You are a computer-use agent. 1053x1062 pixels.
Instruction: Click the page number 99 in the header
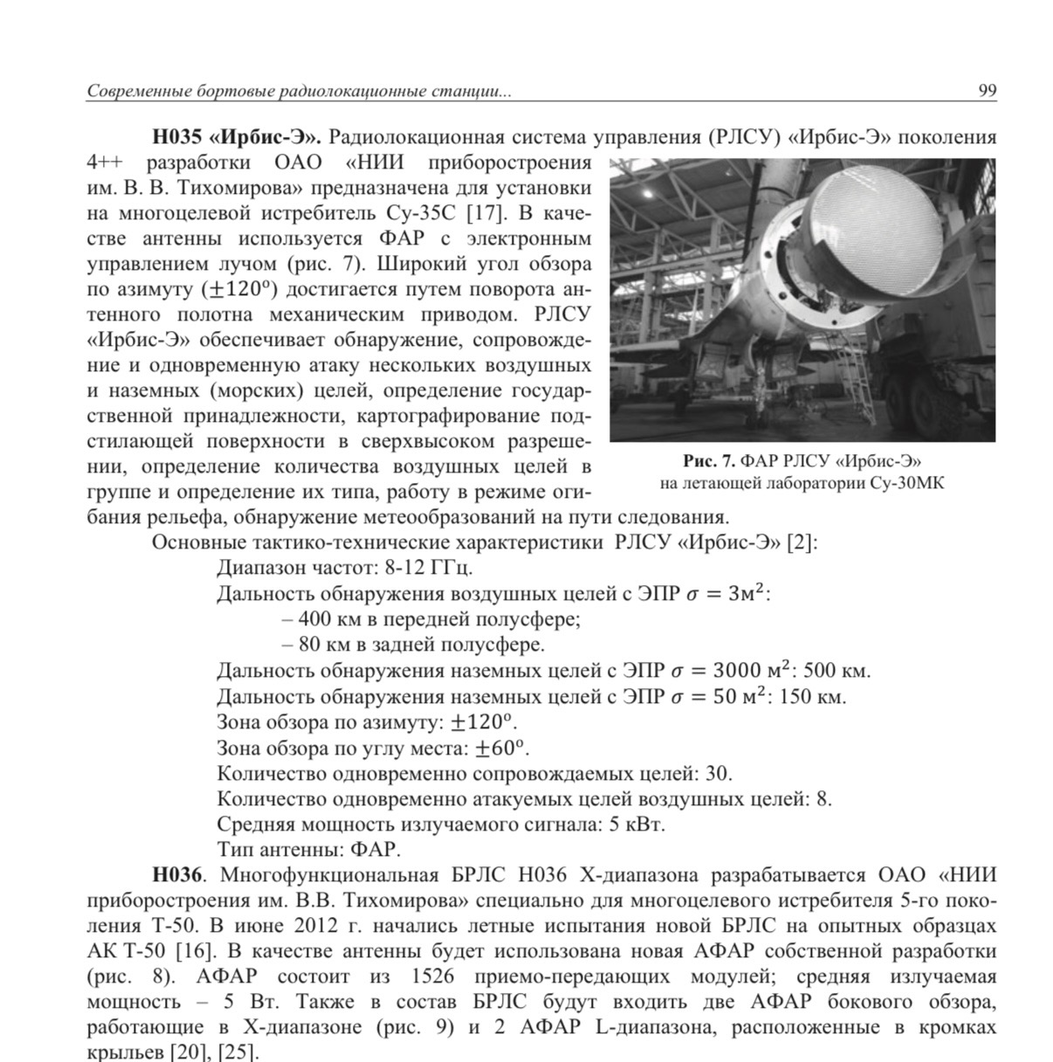point(987,91)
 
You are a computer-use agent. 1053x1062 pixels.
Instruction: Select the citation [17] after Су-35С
point(483,213)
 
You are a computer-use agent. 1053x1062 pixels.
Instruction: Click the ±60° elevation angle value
point(502,748)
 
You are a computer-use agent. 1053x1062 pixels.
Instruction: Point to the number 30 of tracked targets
point(718,774)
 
